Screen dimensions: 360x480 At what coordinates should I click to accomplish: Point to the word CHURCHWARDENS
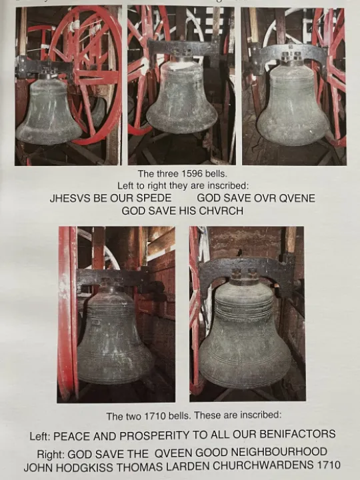pyautogui.click(x=263, y=465)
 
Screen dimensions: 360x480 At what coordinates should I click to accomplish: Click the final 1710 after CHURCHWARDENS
pyautogui.click(x=329, y=465)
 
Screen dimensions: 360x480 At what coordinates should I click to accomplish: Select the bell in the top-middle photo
pyautogui.click(x=181, y=97)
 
